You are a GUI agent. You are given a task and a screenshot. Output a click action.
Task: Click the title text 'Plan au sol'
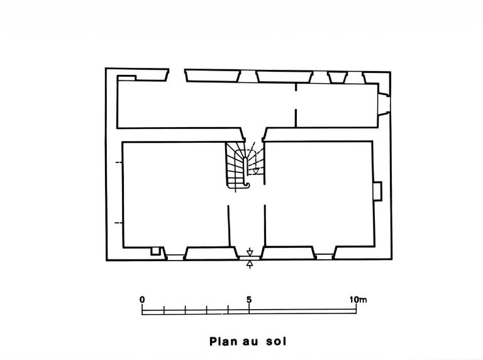[248, 342]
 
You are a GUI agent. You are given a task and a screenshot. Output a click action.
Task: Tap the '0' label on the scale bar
[142, 300]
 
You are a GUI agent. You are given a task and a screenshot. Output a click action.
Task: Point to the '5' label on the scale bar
[249, 300]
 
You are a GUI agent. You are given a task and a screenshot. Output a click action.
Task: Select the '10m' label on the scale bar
[358, 300]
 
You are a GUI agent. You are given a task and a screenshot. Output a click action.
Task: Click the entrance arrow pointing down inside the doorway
[250, 252]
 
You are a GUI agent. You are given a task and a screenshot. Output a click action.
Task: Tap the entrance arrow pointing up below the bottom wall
[250, 264]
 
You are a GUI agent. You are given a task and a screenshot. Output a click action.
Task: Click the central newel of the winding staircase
[245, 171]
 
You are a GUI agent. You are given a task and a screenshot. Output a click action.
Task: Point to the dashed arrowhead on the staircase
[255, 171]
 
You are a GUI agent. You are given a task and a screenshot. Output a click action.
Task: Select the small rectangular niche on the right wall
[377, 191]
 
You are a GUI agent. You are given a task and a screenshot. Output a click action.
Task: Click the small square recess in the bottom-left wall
[155, 251]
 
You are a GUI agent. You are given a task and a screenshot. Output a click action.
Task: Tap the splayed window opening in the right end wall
[384, 104]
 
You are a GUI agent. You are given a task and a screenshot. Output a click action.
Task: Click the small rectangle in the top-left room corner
[126, 78]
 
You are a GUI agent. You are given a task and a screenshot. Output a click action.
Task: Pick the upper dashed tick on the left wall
[119, 162]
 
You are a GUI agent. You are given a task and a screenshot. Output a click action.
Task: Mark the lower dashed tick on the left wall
[119, 223]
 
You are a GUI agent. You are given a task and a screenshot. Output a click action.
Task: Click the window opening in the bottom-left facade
[175, 257]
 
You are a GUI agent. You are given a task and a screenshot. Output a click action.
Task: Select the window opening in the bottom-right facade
[325, 257]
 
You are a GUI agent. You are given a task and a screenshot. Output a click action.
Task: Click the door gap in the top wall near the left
[177, 75]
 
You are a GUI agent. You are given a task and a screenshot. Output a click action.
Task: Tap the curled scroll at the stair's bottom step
[247, 184]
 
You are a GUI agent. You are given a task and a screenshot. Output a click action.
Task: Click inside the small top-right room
[337, 105]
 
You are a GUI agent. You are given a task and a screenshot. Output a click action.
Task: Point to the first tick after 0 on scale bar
[164, 310]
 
